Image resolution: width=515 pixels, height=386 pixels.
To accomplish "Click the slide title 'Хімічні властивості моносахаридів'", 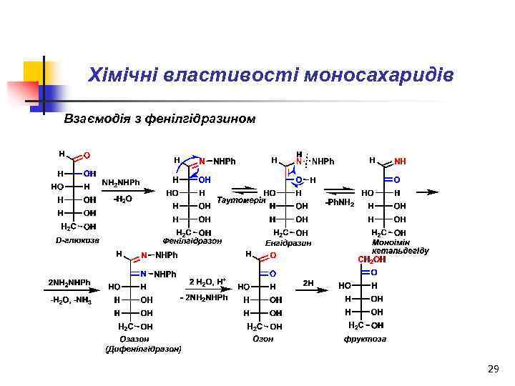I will click(270, 75).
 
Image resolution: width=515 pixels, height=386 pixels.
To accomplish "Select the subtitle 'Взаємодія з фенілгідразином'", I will click(160, 117).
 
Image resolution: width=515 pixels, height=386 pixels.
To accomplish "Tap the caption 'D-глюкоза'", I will click(77, 240).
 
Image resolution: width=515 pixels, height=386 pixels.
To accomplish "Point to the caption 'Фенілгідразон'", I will click(192, 241).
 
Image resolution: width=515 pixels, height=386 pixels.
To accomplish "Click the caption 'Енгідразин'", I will click(288, 243).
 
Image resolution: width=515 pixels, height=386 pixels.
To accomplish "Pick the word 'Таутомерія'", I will click(241, 199).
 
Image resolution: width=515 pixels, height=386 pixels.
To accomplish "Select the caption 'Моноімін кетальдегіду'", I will click(400, 247).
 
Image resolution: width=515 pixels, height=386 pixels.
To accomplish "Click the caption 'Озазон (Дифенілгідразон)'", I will click(143, 344).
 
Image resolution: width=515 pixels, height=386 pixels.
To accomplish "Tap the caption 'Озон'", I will click(263, 339).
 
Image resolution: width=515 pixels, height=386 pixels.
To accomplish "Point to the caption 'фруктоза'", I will click(365, 339).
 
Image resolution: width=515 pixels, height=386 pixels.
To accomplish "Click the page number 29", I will click(492, 369).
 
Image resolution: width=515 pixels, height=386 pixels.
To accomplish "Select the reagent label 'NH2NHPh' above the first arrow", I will click(122, 183).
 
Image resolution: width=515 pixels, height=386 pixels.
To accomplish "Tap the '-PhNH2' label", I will click(340, 202).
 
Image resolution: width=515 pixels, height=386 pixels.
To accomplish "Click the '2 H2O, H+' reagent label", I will click(207, 281).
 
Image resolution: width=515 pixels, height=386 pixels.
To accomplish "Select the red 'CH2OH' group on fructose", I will click(371, 259).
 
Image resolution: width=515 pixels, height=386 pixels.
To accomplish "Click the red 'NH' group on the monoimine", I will click(400, 162).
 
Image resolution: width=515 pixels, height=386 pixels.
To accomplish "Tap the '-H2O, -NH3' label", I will click(72, 300).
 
